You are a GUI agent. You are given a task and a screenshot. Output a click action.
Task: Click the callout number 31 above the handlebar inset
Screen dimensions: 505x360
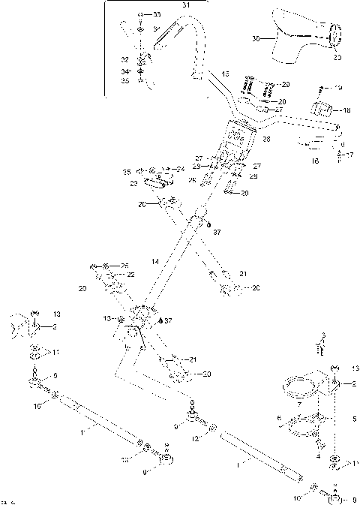pyautogui.click(x=187, y=5)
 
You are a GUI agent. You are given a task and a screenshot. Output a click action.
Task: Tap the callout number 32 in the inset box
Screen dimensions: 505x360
pyautogui.click(x=125, y=59)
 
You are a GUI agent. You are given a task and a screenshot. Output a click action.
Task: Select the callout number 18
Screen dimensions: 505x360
pyautogui.click(x=346, y=110)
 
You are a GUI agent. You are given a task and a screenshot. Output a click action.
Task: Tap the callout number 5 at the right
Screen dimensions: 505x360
pyautogui.click(x=355, y=417)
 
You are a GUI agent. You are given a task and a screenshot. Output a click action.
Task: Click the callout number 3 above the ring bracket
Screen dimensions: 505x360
pyautogui.click(x=322, y=336)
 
